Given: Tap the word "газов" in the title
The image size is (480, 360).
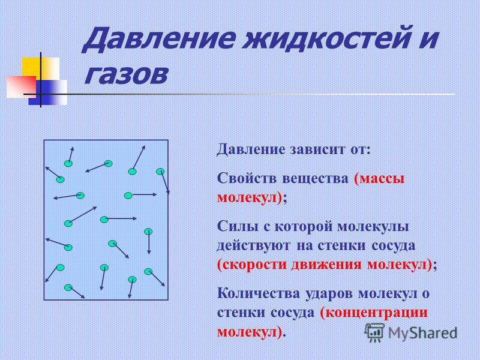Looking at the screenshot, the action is pos(126,74).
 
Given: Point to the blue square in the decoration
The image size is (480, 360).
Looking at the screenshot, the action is pos(48,92).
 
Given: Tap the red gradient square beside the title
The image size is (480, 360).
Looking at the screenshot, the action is pos(22,86).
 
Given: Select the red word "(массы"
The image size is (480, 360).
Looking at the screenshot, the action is pos(379,178).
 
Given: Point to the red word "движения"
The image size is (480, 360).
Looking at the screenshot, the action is pos(326,265).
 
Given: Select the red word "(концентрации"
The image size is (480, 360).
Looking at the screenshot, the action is pos(374,313).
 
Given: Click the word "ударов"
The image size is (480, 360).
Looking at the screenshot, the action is pos(329,294).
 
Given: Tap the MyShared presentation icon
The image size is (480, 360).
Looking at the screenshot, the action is pos(374,333).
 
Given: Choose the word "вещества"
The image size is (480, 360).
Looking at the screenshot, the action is pos(315,179).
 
